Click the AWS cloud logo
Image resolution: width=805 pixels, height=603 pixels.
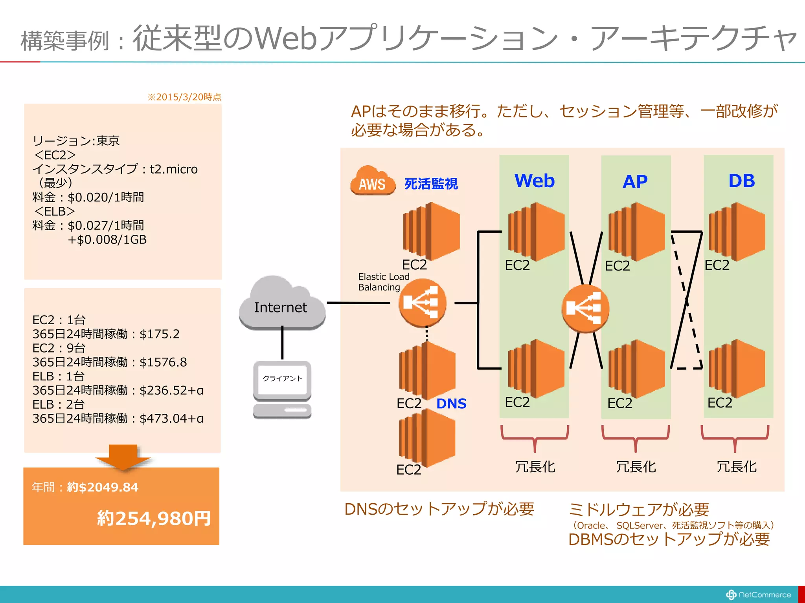coord(373,181)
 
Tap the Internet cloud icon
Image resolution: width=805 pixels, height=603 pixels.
coord(282,304)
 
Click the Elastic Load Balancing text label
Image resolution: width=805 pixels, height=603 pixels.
coord(384,282)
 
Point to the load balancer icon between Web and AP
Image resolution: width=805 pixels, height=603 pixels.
coord(585,309)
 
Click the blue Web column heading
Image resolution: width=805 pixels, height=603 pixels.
coord(534,181)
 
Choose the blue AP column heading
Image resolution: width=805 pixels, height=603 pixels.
coord(635,182)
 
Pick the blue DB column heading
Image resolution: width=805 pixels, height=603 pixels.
coord(741,181)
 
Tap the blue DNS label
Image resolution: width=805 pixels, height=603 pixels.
coord(451,404)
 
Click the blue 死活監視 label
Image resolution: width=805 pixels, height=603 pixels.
coord(431,184)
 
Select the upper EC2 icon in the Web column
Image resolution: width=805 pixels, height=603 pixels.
coord(536,232)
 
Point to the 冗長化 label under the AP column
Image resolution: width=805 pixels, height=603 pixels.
coord(636,467)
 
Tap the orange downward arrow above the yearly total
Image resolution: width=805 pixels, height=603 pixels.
coord(123,457)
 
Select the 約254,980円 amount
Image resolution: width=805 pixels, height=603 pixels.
coord(154,518)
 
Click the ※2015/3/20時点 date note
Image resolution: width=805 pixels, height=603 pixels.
coord(184,97)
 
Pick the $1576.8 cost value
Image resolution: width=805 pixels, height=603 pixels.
coord(163,362)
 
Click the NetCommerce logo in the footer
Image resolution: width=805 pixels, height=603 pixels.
coord(758,595)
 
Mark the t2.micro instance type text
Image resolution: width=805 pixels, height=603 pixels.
coord(174,169)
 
